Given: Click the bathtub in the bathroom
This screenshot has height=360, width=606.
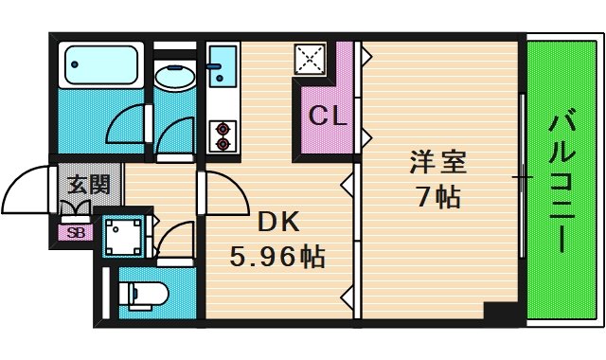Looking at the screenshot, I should (x=99, y=65).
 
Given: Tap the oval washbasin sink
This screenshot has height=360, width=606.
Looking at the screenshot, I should (x=173, y=77).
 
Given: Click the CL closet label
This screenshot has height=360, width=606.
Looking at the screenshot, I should (x=328, y=118).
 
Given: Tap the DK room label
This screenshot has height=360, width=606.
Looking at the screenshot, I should (x=278, y=223).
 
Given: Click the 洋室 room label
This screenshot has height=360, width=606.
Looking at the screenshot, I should (x=437, y=162).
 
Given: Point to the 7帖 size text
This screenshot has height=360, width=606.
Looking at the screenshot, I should (x=437, y=197).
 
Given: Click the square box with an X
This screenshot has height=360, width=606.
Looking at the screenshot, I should (x=310, y=61).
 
